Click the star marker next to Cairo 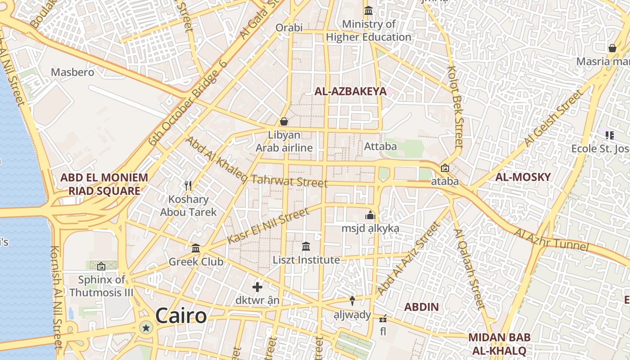point(146,328)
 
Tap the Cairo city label point(181,316)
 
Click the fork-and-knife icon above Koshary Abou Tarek point(188,185)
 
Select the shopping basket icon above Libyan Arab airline point(284,121)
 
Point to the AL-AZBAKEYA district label point(350,91)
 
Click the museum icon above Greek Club point(196,248)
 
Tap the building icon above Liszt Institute point(306,246)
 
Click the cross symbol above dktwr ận point(257,287)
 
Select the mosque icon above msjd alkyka point(370,215)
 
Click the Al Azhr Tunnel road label point(551,240)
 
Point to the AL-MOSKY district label point(523,177)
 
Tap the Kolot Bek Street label point(455,107)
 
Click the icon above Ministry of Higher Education point(369,10)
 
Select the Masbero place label point(72,72)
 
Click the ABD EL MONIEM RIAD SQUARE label point(104,184)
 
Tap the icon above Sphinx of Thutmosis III point(101,266)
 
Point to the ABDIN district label point(421,307)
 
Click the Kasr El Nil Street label point(268,226)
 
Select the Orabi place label point(289,27)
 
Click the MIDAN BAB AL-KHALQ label point(499,344)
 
